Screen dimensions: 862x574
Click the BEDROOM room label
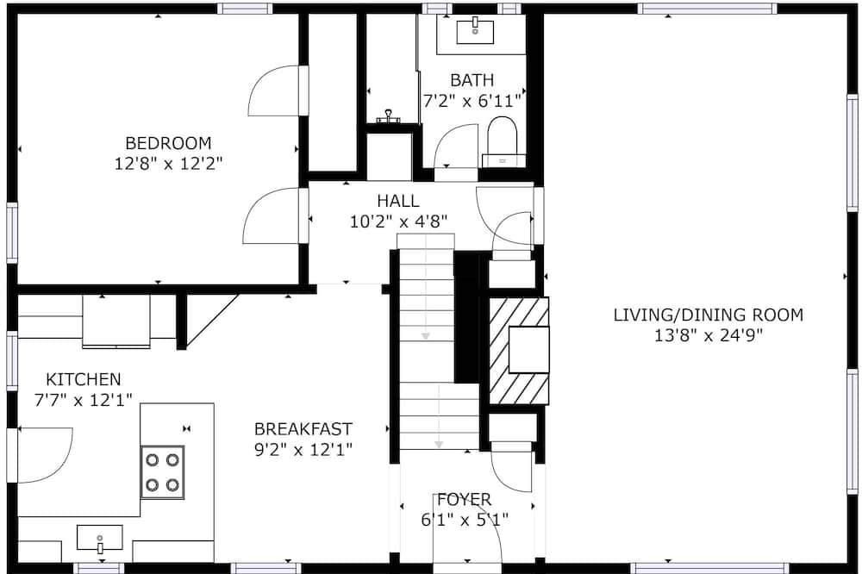(168, 143)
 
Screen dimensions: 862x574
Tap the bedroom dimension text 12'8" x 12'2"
(168, 164)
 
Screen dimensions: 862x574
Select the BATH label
(472, 80)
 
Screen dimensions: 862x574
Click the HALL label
(398, 201)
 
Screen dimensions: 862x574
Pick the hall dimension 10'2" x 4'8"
(398, 221)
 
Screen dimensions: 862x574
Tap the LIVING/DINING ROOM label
(709, 315)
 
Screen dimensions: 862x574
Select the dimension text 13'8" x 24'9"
(709, 335)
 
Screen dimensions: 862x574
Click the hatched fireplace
(519, 351)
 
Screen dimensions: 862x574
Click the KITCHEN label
(84, 379)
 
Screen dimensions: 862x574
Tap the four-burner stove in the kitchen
(162, 472)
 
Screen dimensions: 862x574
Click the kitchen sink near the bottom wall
(99, 538)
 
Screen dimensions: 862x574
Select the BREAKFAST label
(303, 429)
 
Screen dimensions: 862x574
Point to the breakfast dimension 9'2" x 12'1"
(303, 450)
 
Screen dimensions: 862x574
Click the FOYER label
(465, 500)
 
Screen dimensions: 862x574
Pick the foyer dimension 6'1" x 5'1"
(465, 520)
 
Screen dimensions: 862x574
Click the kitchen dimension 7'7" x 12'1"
(84, 400)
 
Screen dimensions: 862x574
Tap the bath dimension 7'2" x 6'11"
(472, 101)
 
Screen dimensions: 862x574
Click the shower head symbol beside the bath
(388, 116)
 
